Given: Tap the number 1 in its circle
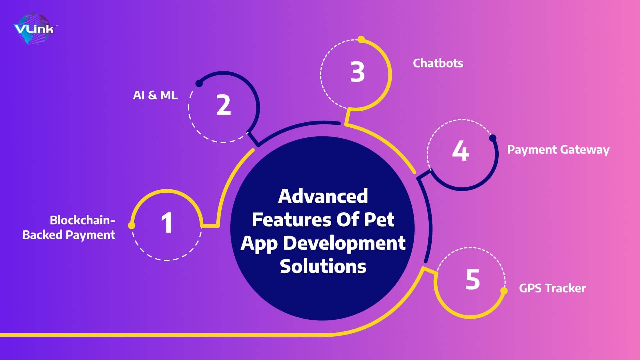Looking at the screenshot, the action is pos(167,223).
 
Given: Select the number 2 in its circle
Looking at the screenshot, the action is pos(224,105).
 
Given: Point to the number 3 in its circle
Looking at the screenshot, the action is pos(357,72).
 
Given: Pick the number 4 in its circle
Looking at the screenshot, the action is pos(461,151).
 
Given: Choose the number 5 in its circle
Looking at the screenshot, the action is pos(473,279).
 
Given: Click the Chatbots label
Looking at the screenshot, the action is pos(438,63).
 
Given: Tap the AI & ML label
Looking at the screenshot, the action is pos(155,95).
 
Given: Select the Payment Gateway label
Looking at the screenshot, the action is pos(558,150).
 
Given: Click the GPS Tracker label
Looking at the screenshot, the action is pos(552,288).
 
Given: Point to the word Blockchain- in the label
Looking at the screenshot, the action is pos(82,220).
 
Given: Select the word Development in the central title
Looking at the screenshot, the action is pos(344,243).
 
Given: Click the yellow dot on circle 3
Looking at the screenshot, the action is pos(361,39).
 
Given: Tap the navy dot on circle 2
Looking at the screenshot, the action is pos(199,83).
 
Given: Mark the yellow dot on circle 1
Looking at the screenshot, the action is pos(132,226).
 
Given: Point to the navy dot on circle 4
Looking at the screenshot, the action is pos(493,138).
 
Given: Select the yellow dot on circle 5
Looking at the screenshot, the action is pos(504,291).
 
